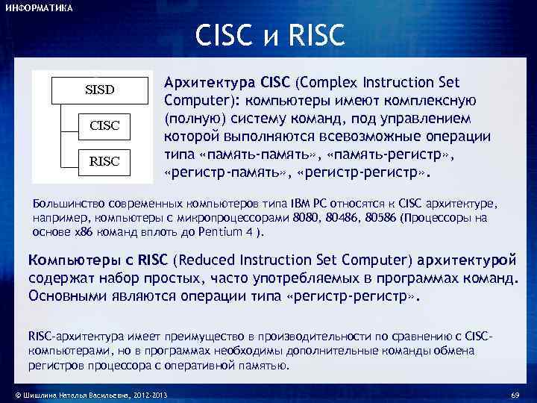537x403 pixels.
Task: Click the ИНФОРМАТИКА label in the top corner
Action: pyautogui.click(x=38, y=7)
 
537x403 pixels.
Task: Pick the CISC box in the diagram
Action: pyautogui.click(x=104, y=125)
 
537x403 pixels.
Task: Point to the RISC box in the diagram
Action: pyautogui.click(x=104, y=161)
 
